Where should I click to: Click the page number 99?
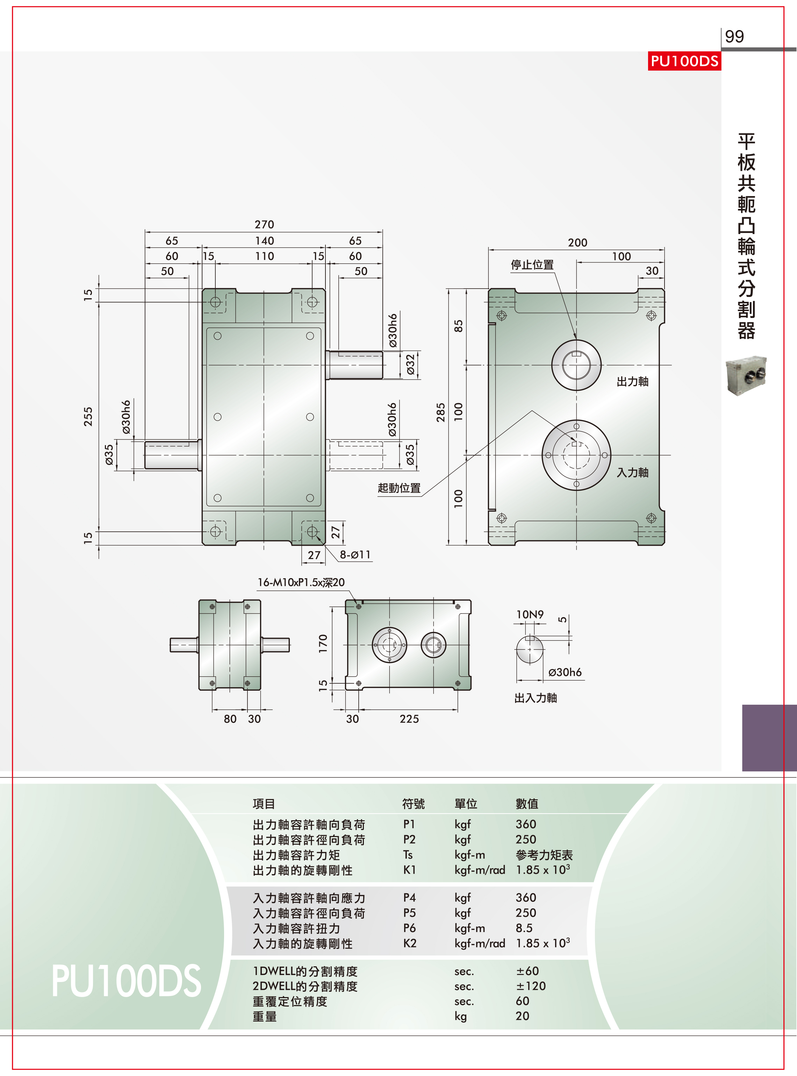734,37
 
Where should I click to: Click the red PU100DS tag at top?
684,61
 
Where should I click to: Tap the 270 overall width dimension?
264,225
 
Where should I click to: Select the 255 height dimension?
88,416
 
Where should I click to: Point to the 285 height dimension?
440,413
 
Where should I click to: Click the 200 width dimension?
577,242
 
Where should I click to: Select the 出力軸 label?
632,382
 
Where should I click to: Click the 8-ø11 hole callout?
355,555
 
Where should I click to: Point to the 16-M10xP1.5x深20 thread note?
301,582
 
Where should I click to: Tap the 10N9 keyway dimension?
530,615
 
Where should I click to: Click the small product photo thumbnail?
746,376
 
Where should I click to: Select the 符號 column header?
414,804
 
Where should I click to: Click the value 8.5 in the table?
524,928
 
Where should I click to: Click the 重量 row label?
265,1017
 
